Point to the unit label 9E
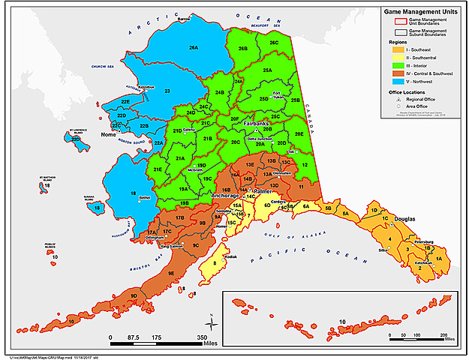point(171,273)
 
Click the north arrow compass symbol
point(213,323)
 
